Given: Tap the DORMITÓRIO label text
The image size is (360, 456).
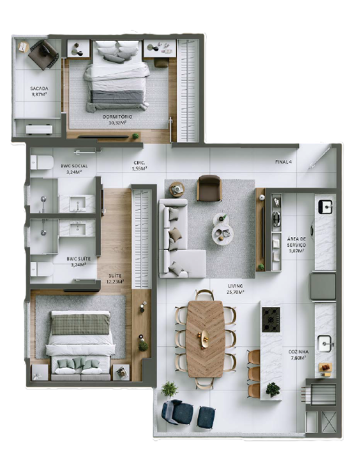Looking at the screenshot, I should click(117, 119).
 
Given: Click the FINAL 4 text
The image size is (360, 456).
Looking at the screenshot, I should click(284, 161).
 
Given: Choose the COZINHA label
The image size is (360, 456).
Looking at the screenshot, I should click(299, 354).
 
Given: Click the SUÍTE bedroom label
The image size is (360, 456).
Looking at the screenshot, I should click(115, 278).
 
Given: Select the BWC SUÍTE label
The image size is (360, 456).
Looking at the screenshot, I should click(75, 261).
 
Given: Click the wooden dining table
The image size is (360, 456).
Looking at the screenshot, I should click(206, 337).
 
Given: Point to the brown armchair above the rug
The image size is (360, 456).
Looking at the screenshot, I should click(208, 188).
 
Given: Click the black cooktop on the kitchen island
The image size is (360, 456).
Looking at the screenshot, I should click(271, 318).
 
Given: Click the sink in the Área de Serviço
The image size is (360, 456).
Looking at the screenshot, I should click(324, 206).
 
